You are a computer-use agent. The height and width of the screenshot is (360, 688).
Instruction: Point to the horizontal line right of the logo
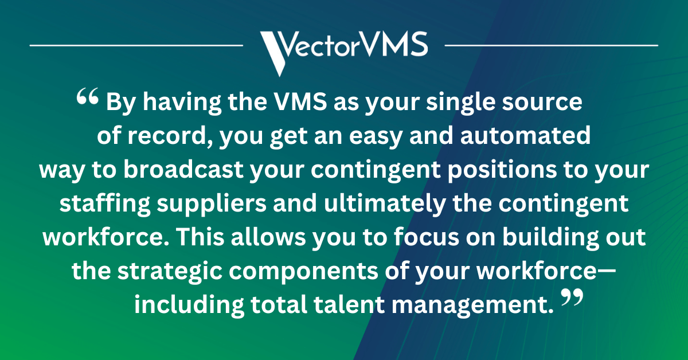pyautogui.click(x=551, y=44)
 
